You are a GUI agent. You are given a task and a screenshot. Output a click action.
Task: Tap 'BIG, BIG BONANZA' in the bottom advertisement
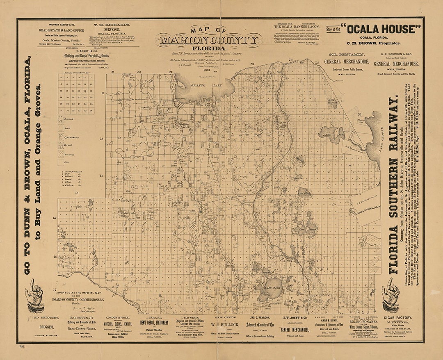[x=361, y=322]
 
